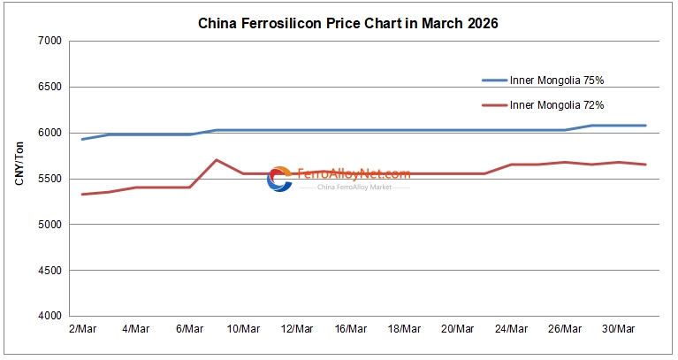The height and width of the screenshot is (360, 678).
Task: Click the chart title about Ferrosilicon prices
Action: click(347, 24)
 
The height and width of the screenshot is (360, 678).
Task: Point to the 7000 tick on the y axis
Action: click(48, 42)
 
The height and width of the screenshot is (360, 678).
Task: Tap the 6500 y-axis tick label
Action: click(48, 88)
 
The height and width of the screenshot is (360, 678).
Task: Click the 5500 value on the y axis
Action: click(48, 179)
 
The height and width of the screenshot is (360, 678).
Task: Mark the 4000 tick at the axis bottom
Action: click(48, 316)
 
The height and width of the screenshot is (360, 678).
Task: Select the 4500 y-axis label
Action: click(48, 271)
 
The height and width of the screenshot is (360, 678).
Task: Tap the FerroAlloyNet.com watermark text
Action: click(354, 173)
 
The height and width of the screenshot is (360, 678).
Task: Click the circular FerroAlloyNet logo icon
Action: click(279, 179)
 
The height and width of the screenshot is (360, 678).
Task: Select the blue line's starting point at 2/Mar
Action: click(82, 139)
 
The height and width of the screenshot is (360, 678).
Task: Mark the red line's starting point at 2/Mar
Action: click(82, 194)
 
